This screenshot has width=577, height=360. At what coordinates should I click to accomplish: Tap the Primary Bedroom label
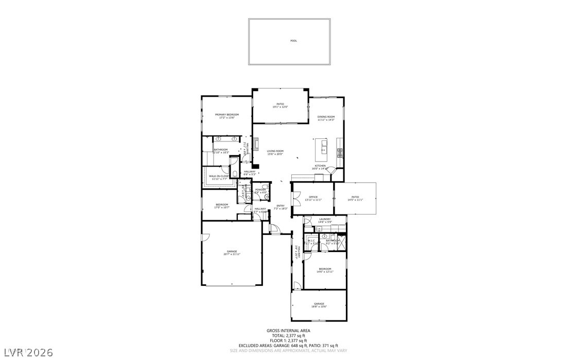[x=226, y=116]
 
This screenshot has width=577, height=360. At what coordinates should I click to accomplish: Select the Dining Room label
[x=326, y=118]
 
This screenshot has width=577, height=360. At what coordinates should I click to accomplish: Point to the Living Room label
[x=275, y=152]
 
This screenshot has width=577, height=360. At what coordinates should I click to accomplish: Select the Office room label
[x=313, y=198]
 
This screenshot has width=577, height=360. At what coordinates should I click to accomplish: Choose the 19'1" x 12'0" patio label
[x=280, y=105]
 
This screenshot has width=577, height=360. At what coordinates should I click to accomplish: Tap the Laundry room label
[x=324, y=220]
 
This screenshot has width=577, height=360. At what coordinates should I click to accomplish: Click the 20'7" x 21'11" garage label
[x=232, y=253]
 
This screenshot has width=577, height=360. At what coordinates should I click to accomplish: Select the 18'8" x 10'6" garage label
[x=319, y=305]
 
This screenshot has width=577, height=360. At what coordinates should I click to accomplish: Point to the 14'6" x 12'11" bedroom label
[x=324, y=270]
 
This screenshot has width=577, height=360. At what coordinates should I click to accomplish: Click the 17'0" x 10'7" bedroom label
[x=221, y=206]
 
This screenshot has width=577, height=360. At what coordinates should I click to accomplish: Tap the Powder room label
[x=260, y=191]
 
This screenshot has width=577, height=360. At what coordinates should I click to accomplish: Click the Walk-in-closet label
[x=218, y=177]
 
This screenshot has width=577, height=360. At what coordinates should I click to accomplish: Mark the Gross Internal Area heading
[x=288, y=331]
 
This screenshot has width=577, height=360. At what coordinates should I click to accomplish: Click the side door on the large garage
[x=204, y=237]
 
